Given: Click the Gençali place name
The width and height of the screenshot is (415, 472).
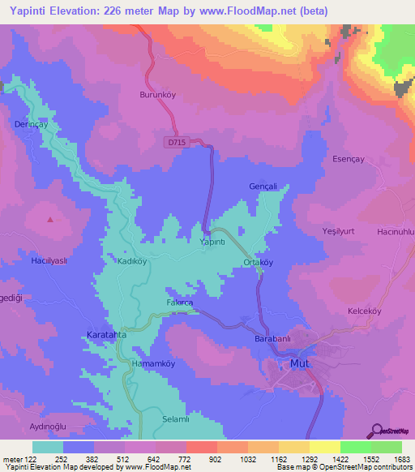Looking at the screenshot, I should [x=263, y=187].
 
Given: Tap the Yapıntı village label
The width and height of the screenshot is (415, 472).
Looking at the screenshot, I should [x=212, y=242].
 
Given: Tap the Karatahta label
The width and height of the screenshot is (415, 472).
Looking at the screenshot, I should [x=107, y=334].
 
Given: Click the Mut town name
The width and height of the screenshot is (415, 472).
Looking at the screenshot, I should [x=299, y=363].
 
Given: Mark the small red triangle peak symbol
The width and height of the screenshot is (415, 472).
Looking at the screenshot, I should [x=51, y=219].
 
